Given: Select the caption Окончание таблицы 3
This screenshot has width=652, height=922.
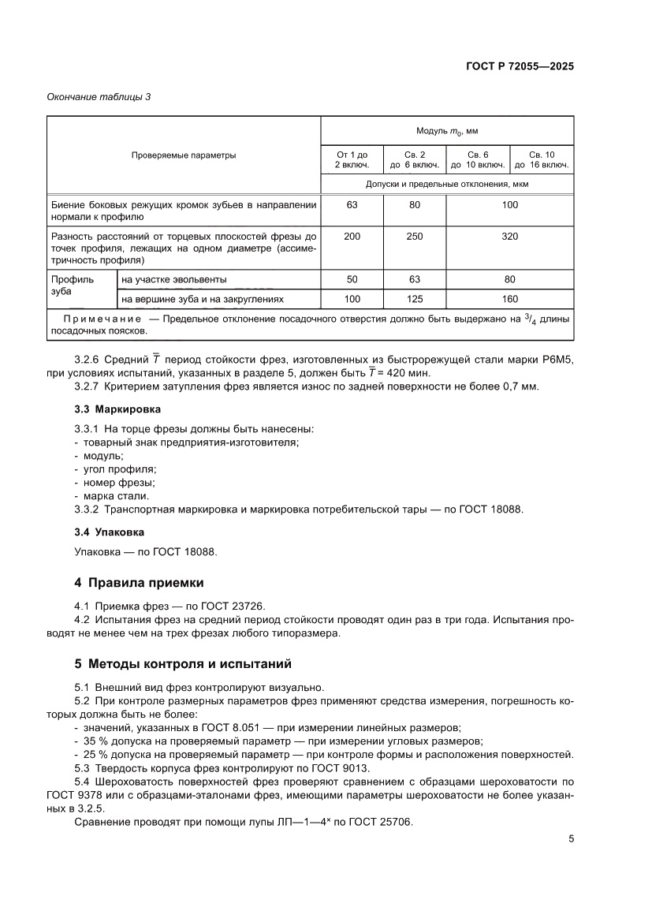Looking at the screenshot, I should click(99, 97).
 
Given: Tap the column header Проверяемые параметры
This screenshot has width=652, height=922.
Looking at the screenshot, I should click(183, 155).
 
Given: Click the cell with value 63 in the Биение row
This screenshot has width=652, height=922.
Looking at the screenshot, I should click(352, 205).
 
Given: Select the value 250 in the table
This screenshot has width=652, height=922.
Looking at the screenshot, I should click(415, 236).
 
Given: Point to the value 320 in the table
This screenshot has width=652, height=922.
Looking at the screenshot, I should click(509, 236).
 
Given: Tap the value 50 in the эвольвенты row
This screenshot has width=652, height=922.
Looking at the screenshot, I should click(352, 279).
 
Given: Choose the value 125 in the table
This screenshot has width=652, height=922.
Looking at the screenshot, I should click(415, 299).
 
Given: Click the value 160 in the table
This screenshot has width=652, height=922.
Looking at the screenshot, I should click(509, 299).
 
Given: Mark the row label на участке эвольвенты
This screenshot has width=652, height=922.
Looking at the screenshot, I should click(174, 279).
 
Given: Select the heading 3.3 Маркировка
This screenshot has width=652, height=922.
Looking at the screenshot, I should click(117, 409).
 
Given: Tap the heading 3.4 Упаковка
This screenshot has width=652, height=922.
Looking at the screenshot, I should click(109, 532).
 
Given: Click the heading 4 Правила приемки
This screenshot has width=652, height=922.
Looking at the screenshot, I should click(139, 583).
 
